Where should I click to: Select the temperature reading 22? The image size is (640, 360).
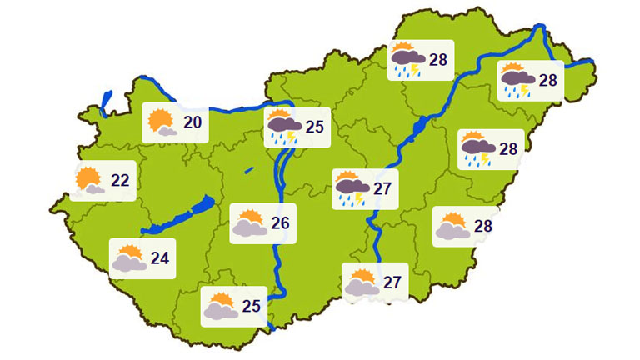(x=120, y=180)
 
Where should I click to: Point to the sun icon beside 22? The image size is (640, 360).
(x=88, y=180)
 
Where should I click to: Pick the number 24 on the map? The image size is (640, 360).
(x=160, y=257)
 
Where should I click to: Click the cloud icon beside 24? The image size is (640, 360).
(x=129, y=258)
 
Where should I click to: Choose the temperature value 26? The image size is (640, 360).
(x=281, y=222)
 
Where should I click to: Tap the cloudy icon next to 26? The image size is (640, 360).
(x=250, y=223)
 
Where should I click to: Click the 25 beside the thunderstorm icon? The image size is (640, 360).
(x=314, y=127)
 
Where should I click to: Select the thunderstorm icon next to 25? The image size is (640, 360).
(x=284, y=127)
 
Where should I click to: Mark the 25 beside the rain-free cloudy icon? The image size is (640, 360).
(x=252, y=305)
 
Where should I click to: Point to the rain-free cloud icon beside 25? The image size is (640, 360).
(x=221, y=307)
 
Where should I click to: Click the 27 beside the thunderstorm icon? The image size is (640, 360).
(x=382, y=188)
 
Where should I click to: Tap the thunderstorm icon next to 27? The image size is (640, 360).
(x=351, y=189)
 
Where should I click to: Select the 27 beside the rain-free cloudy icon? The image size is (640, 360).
(x=392, y=282)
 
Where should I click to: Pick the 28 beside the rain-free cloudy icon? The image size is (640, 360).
(x=483, y=225)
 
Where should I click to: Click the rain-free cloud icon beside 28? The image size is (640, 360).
(x=452, y=227)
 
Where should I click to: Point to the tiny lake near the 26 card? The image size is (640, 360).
(x=249, y=170)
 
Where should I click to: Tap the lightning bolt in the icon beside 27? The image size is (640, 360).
(x=359, y=197)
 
